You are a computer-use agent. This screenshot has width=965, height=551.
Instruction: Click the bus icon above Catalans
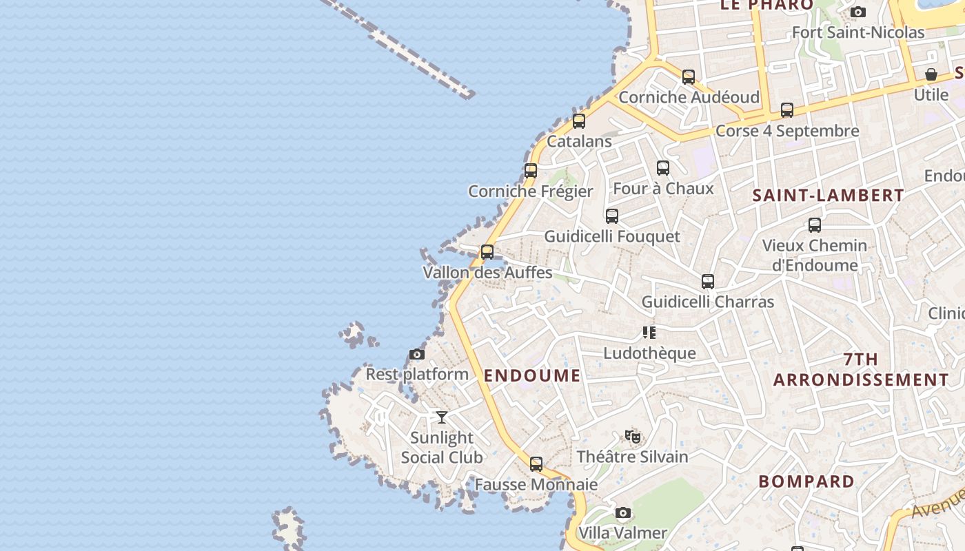point(579,121)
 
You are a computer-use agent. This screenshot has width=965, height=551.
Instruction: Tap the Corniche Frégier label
point(530,191)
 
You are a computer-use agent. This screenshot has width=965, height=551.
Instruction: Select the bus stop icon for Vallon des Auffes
point(487,252)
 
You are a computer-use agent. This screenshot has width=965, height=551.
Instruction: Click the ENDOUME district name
point(532,375)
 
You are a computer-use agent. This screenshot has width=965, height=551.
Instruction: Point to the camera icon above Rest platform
point(416,355)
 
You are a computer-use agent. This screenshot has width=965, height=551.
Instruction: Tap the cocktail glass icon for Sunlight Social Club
point(442,417)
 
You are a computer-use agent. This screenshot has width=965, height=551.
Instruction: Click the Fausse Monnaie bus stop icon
point(536,464)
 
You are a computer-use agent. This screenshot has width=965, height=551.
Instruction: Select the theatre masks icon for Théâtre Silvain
point(633,436)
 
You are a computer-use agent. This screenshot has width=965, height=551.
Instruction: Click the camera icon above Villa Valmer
point(622,513)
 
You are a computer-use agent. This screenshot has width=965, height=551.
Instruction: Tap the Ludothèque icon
point(649,333)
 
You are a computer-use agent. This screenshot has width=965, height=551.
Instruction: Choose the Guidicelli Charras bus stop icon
point(708,282)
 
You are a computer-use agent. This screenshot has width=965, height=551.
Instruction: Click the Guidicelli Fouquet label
point(612,236)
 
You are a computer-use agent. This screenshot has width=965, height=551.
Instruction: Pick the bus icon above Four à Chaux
point(663,168)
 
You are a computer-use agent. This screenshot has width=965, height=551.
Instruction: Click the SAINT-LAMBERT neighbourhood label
point(828,196)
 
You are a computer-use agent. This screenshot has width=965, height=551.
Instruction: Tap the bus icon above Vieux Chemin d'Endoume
point(815,225)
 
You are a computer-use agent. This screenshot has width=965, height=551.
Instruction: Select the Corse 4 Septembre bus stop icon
point(787,110)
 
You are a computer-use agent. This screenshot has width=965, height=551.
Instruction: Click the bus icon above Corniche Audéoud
point(689,77)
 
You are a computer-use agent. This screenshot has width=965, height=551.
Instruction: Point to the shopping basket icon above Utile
point(931,74)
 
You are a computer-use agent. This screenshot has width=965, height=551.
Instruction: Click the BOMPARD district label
point(806,481)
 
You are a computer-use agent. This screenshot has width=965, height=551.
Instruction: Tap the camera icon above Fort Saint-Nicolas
point(858,12)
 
